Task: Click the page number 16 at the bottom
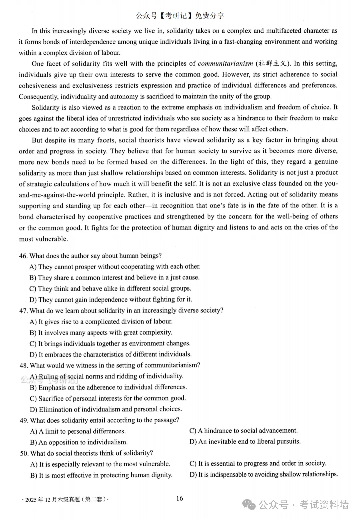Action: click(180, 498)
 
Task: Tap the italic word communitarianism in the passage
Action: click(225, 63)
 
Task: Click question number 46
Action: click(23, 256)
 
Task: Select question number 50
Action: click(24, 453)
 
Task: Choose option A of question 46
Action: click(115, 267)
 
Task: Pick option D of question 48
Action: click(106, 409)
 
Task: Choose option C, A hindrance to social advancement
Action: click(243, 431)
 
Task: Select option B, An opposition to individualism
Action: click(79, 442)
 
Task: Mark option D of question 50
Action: click(264, 474)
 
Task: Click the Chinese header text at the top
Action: click(180, 15)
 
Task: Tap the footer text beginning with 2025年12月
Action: click(65, 499)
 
